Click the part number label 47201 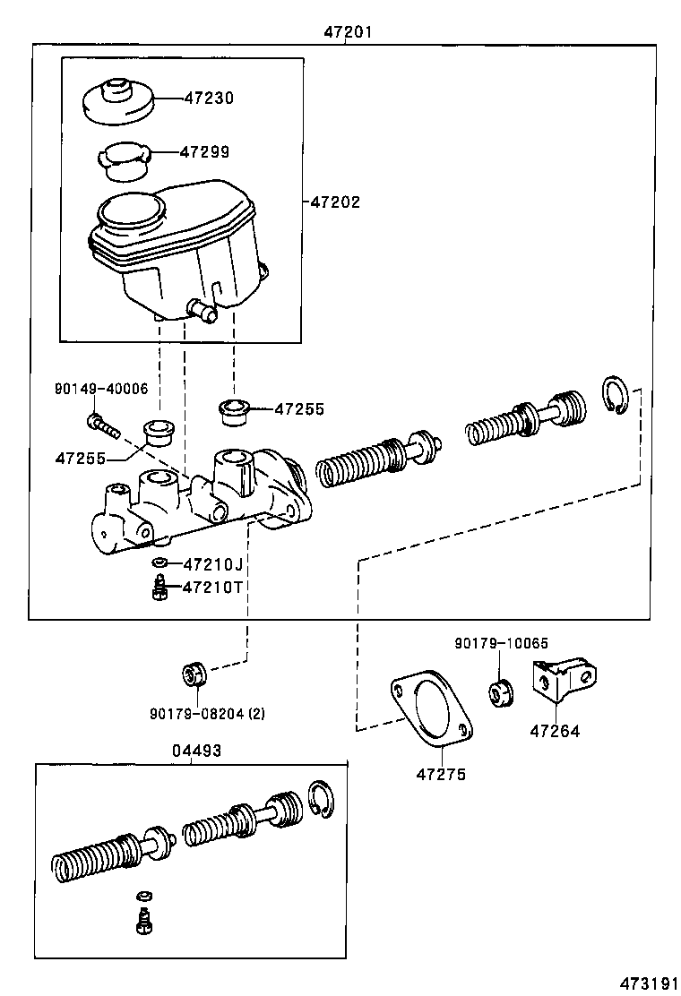(x=348, y=32)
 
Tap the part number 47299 (x=204, y=152)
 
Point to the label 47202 (x=335, y=202)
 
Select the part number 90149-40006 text (x=101, y=389)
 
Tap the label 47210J (x=212, y=564)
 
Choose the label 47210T (x=212, y=588)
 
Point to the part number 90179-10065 (x=501, y=643)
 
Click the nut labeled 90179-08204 (x=195, y=674)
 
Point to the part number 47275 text (x=441, y=775)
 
